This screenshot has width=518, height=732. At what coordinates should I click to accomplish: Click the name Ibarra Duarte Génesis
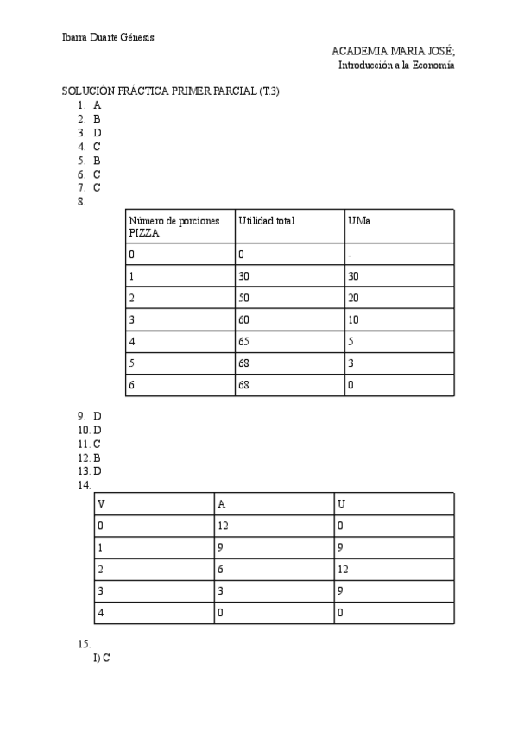(108, 37)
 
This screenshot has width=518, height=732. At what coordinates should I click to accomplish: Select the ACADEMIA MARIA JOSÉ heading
(393, 52)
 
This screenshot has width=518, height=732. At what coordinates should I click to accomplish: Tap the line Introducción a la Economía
(396, 65)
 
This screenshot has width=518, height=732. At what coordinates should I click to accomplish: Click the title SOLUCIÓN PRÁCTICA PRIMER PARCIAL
(170, 91)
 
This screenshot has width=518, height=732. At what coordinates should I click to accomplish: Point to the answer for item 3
(98, 133)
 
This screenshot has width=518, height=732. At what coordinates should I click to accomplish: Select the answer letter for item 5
(98, 160)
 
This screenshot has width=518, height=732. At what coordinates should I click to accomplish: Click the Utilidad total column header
(267, 221)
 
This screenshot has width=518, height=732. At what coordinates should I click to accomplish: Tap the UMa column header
(359, 221)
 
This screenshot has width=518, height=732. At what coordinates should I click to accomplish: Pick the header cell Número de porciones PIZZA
(180, 226)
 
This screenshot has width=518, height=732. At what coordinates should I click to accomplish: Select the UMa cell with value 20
(353, 298)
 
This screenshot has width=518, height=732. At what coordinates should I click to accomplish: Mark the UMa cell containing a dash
(350, 255)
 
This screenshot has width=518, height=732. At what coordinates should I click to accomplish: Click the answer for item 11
(98, 444)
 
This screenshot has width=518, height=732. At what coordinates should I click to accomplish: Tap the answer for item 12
(98, 457)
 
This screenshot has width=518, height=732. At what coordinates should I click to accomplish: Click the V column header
(102, 503)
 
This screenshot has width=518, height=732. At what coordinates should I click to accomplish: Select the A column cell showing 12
(223, 525)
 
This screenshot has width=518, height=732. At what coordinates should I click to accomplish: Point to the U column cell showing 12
(343, 569)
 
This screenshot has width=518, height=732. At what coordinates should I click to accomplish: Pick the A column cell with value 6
(221, 569)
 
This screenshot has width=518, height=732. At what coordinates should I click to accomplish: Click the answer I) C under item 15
(101, 658)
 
